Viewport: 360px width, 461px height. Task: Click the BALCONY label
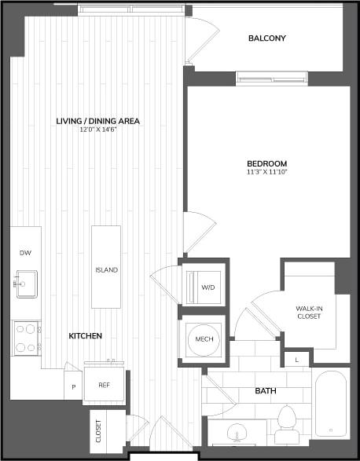(x=266, y=38)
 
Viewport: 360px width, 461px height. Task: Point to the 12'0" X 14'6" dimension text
(x=98, y=131)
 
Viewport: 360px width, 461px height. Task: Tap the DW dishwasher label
(x=25, y=253)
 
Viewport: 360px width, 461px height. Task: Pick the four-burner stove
(x=26, y=337)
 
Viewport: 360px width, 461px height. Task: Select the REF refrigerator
(x=104, y=386)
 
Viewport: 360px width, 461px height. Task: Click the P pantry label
(x=74, y=386)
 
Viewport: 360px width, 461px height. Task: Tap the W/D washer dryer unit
(x=207, y=287)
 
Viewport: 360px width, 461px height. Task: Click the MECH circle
(x=204, y=340)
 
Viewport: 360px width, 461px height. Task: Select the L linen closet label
(x=296, y=360)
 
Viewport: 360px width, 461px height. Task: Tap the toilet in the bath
(x=286, y=422)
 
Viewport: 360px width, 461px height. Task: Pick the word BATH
(x=266, y=390)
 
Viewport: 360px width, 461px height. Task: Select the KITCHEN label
(x=85, y=335)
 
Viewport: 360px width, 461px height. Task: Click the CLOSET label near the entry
(x=99, y=431)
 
